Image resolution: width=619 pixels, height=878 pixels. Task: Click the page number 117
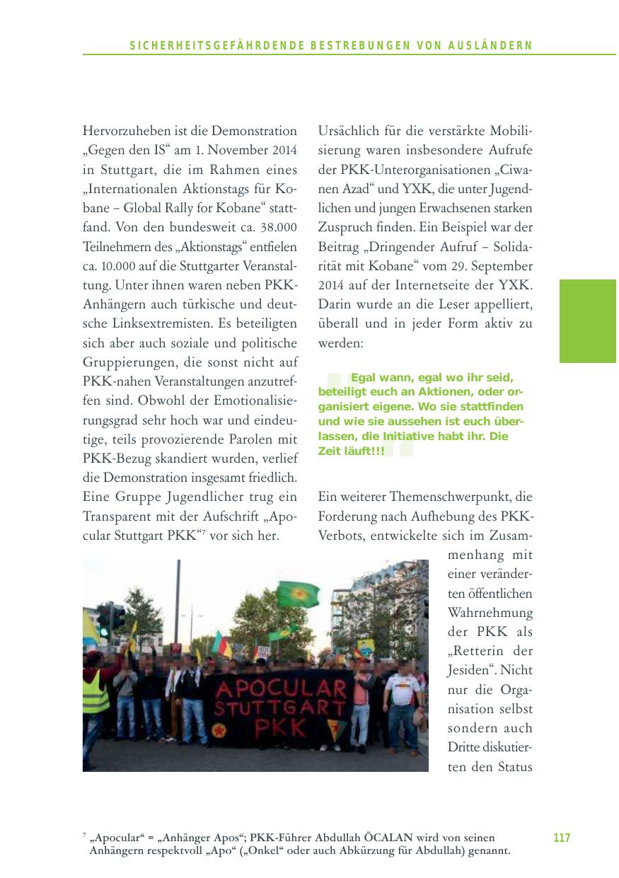click(x=561, y=838)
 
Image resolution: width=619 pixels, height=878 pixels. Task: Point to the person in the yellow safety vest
click(x=96, y=700)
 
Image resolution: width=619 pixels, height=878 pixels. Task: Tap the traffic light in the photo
click(x=105, y=619)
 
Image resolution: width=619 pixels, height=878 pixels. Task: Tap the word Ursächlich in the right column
click(x=347, y=131)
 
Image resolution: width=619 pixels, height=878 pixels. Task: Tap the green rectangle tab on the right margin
click(x=588, y=321)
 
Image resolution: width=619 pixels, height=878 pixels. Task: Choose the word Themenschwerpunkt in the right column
click(x=452, y=497)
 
